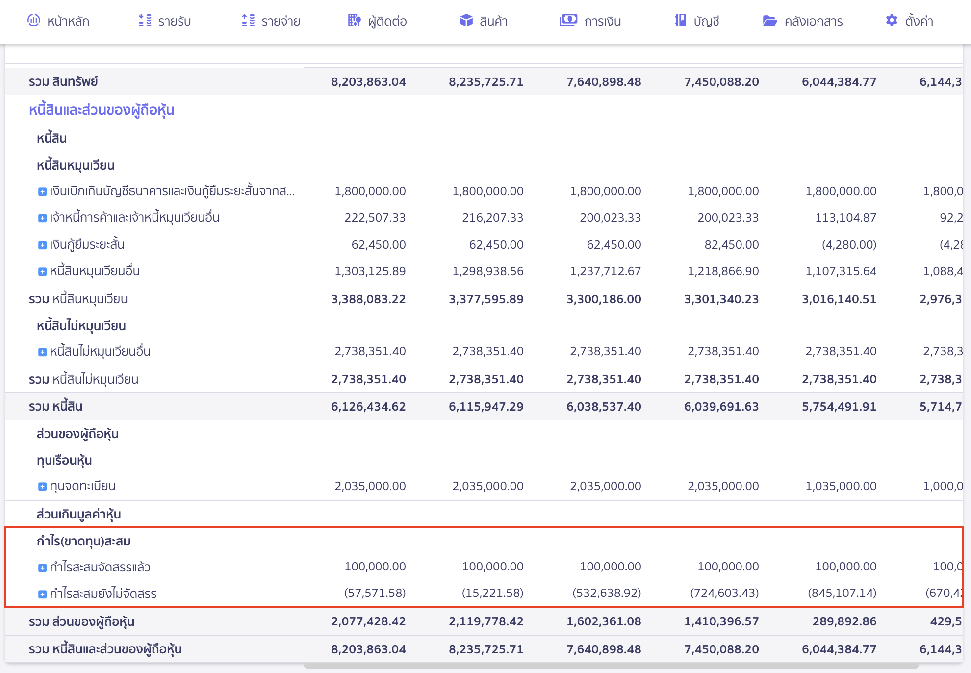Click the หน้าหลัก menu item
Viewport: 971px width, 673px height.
(59, 21)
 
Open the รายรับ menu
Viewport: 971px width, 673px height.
(165, 21)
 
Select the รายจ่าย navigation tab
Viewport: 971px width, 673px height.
(271, 21)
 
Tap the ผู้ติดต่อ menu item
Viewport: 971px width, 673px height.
(378, 21)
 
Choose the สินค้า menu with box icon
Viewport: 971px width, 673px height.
(484, 21)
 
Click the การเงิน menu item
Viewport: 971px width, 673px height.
(590, 21)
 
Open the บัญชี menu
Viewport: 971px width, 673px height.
(697, 21)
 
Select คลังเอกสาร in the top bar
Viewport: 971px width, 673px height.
(803, 21)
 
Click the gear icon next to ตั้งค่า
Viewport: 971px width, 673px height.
(892, 21)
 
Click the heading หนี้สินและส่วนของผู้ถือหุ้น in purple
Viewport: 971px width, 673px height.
(102, 110)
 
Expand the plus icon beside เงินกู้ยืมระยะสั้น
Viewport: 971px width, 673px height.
(42, 245)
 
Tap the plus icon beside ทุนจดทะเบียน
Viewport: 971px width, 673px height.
(42, 487)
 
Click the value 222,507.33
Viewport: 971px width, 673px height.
(375, 218)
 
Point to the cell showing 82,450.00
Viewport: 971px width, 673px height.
(731, 245)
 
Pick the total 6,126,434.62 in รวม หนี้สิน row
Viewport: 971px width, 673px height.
(368, 407)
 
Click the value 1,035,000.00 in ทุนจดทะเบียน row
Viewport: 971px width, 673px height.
(841, 486)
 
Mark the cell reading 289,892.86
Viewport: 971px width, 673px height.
(844, 621)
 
